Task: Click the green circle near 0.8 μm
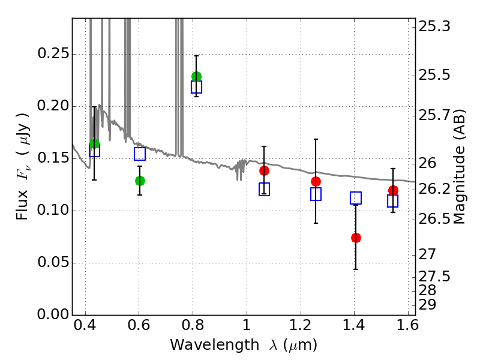(196, 76)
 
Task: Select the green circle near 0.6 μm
(140, 181)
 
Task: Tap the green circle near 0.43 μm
(94, 144)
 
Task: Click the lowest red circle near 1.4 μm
(356, 238)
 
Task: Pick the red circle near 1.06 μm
(264, 171)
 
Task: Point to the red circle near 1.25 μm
(316, 182)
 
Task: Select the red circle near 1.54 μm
(393, 190)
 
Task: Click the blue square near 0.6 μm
(140, 154)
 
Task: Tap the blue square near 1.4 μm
(356, 198)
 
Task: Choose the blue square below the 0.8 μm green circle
(196, 87)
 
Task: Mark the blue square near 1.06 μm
(264, 189)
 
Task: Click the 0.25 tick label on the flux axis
(53, 53)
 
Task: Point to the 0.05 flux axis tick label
(53, 262)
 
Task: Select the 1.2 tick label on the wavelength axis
(301, 325)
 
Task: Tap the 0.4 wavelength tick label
(85, 325)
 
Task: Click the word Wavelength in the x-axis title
(215, 345)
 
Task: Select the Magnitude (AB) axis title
(458, 167)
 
